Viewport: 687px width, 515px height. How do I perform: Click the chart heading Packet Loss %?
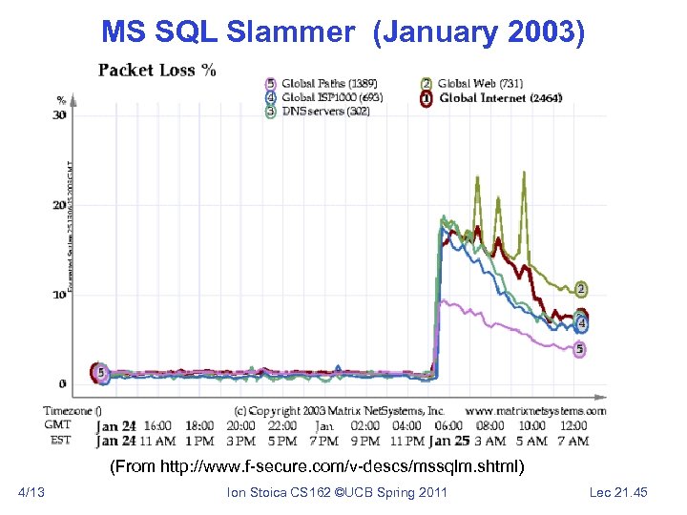click(x=156, y=70)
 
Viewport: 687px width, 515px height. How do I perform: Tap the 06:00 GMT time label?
click(x=448, y=426)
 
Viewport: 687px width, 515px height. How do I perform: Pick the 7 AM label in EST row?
click(x=572, y=441)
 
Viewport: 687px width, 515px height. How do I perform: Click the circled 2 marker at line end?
click(x=581, y=289)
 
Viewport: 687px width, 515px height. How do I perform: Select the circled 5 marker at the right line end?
click(x=580, y=350)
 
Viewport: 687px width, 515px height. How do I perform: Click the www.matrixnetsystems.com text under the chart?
click(x=535, y=411)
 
